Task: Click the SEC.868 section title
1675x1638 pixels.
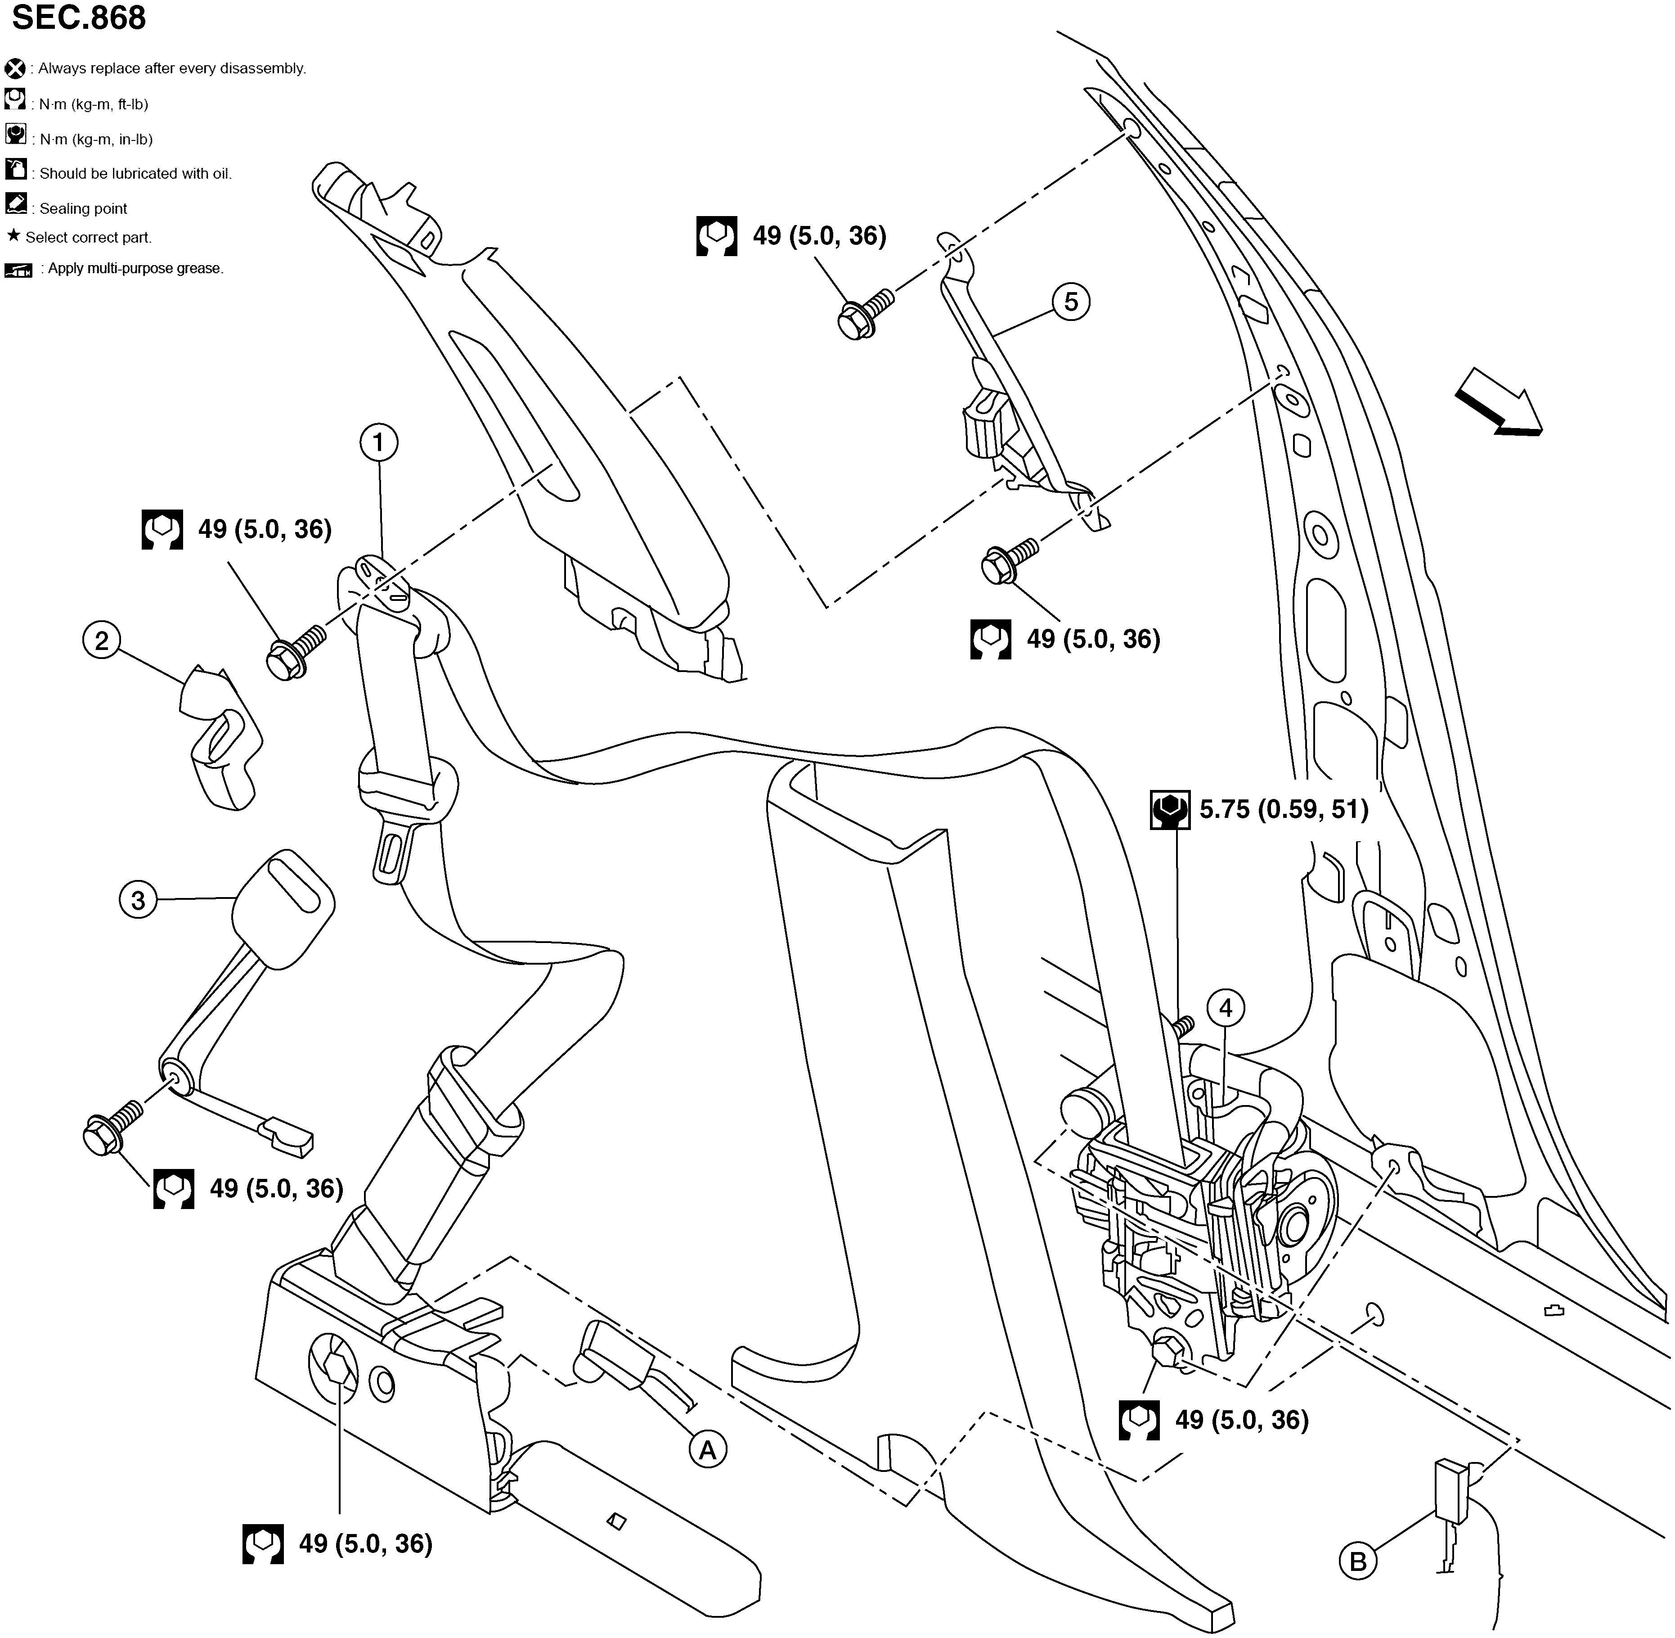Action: (x=79, y=17)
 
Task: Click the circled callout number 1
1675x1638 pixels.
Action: (x=378, y=443)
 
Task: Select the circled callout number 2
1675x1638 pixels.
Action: (x=102, y=641)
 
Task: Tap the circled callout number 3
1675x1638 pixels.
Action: (x=138, y=901)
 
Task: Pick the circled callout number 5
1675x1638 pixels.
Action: (x=1070, y=302)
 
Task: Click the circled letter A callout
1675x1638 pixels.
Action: (x=707, y=1450)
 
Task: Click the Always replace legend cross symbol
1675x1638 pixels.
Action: (x=14, y=68)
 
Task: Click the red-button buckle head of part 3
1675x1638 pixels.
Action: (x=284, y=907)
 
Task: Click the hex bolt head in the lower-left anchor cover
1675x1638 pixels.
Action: (x=340, y=1368)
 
